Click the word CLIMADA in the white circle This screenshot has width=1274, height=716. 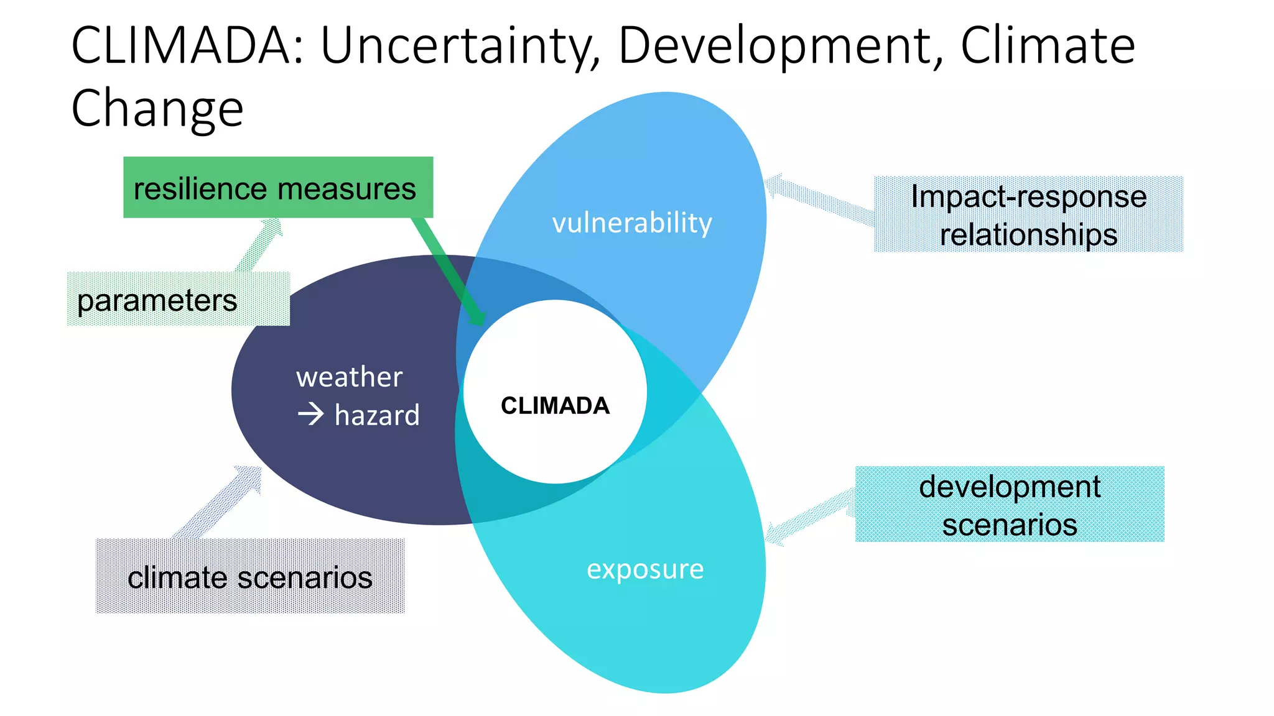[555, 406]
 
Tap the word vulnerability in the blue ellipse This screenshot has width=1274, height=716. [632, 223]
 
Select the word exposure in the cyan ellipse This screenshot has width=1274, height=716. [645, 569]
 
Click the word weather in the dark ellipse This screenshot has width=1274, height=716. [349, 377]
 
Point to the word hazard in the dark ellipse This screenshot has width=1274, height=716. [377, 415]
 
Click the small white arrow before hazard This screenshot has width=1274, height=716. [311, 414]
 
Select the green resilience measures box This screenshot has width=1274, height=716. [277, 187]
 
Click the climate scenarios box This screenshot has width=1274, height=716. [250, 576]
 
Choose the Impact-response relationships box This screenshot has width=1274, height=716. [1028, 214]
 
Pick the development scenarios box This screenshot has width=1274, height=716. [1010, 504]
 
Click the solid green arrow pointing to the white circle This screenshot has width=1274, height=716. [448, 270]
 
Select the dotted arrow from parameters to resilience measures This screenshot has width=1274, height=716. [259, 246]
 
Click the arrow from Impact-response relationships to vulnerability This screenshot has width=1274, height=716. [818, 200]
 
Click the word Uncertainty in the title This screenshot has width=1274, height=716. [460, 46]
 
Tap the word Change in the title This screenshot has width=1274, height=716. [157, 108]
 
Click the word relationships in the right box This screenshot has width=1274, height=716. [1028, 235]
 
